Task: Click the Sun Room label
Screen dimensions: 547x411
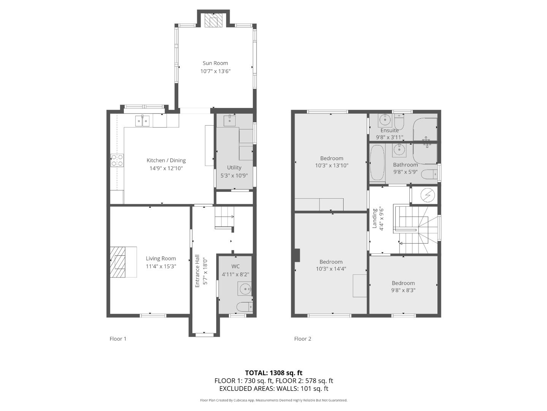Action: (215, 63)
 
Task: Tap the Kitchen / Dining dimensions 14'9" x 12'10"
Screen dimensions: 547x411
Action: (166, 168)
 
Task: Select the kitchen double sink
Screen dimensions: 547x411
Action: (142, 121)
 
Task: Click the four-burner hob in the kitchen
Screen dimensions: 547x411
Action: (117, 160)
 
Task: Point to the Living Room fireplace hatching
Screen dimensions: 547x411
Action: (117, 262)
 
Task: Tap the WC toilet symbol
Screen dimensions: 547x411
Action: (244, 307)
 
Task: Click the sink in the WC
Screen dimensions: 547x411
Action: (245, 289)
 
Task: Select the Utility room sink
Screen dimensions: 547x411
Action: (229, 121)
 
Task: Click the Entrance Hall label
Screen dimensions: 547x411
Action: (197, 271)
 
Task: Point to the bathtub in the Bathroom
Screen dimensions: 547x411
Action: (377, 162)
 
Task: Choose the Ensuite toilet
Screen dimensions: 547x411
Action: (400, 121)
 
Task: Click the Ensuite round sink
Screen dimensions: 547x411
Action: (385, 120)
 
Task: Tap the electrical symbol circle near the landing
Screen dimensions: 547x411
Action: (428, 195)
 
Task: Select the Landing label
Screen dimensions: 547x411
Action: (374, 218)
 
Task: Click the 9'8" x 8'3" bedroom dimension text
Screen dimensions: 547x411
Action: (403, 290)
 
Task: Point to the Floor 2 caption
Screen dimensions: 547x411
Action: (303, 339)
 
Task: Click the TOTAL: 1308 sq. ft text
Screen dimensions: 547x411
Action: (274, 373)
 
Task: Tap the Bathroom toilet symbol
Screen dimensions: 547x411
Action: (429, 174)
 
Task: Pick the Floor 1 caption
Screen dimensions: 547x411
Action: (118, 339)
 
